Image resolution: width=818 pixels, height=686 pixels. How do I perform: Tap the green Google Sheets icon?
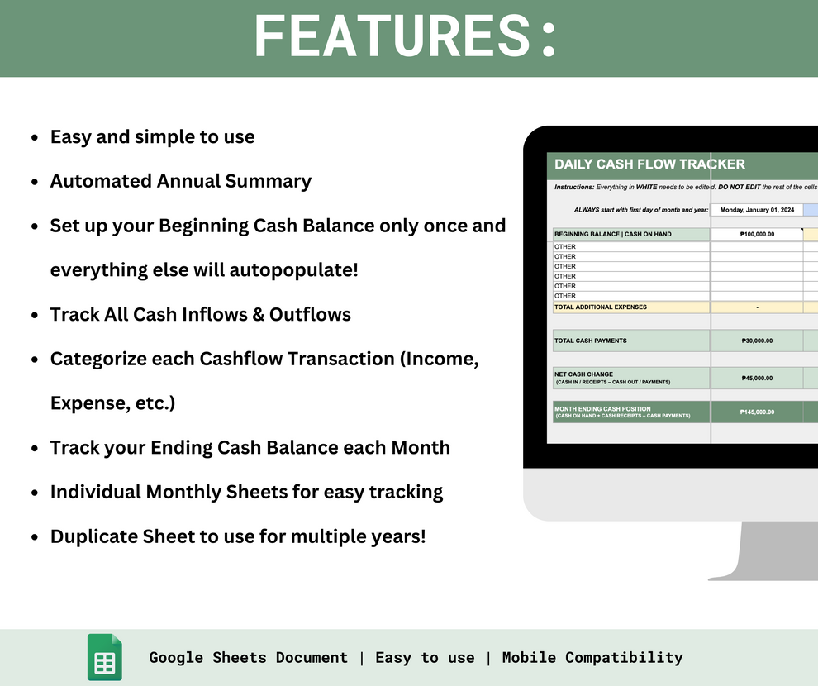tap(105, 658)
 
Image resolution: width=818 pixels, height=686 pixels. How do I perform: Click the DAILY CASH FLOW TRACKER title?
tap(649, 164)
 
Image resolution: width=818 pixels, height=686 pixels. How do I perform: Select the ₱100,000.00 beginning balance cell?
tap(757, 235)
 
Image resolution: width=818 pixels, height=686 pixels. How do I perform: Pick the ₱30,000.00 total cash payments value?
tap(757, 341)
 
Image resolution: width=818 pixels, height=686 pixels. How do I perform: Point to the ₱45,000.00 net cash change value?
tap(757, 379)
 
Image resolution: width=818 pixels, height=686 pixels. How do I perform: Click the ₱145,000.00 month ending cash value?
tap(757, 412)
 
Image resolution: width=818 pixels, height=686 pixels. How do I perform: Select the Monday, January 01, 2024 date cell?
tap(757, 210)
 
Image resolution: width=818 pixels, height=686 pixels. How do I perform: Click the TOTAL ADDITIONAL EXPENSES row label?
tap(601, 307)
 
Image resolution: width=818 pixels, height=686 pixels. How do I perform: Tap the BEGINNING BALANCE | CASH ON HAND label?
tap(612, 235)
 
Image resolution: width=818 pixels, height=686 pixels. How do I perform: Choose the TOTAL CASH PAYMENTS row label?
tap(591, 341)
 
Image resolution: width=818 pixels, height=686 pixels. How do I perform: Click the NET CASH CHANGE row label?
tap(584, 374)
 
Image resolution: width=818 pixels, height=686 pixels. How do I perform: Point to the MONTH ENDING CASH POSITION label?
tap(603, 409)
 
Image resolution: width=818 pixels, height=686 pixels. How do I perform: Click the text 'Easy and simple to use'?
tap(153, 137)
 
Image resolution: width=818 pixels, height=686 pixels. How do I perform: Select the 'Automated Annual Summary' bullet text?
tap(181, 181)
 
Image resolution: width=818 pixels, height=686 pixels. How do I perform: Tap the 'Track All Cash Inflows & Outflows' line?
tap(201, 315)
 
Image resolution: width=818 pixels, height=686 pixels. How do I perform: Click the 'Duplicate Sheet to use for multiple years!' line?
tap(238, 536)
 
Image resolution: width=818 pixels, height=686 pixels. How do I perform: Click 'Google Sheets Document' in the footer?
tap(249, 658)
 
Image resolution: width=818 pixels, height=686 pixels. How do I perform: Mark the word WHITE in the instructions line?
tap(647, 188)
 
